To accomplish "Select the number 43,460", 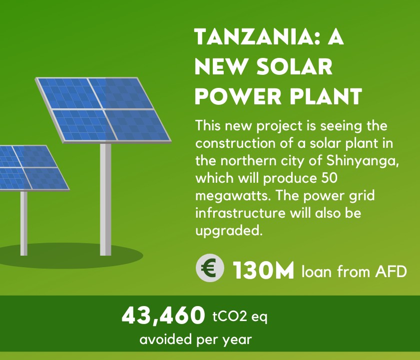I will (163, 316).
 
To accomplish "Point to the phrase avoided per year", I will (196, 340).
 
